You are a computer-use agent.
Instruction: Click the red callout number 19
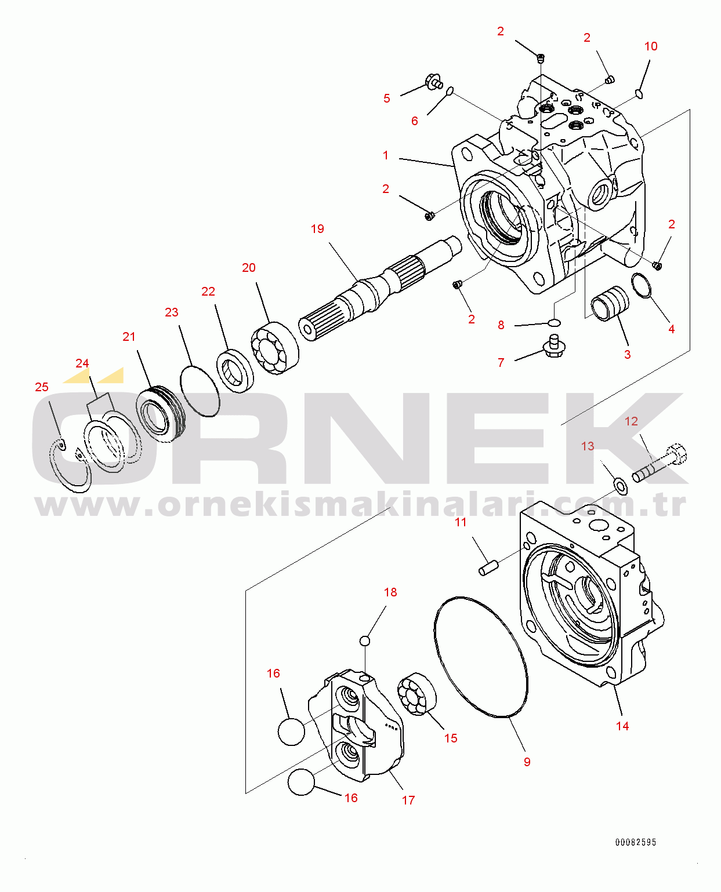317,229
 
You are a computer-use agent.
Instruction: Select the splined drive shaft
377,290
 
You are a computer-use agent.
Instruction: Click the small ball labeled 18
364,640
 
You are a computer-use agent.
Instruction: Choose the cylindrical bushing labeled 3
610,303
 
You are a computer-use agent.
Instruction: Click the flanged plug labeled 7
554,345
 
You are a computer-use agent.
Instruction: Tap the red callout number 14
622,726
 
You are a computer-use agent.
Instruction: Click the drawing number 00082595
636,842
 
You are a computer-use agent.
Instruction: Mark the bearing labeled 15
416,694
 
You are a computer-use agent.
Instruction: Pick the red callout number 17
408,800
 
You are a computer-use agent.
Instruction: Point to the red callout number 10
651,46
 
